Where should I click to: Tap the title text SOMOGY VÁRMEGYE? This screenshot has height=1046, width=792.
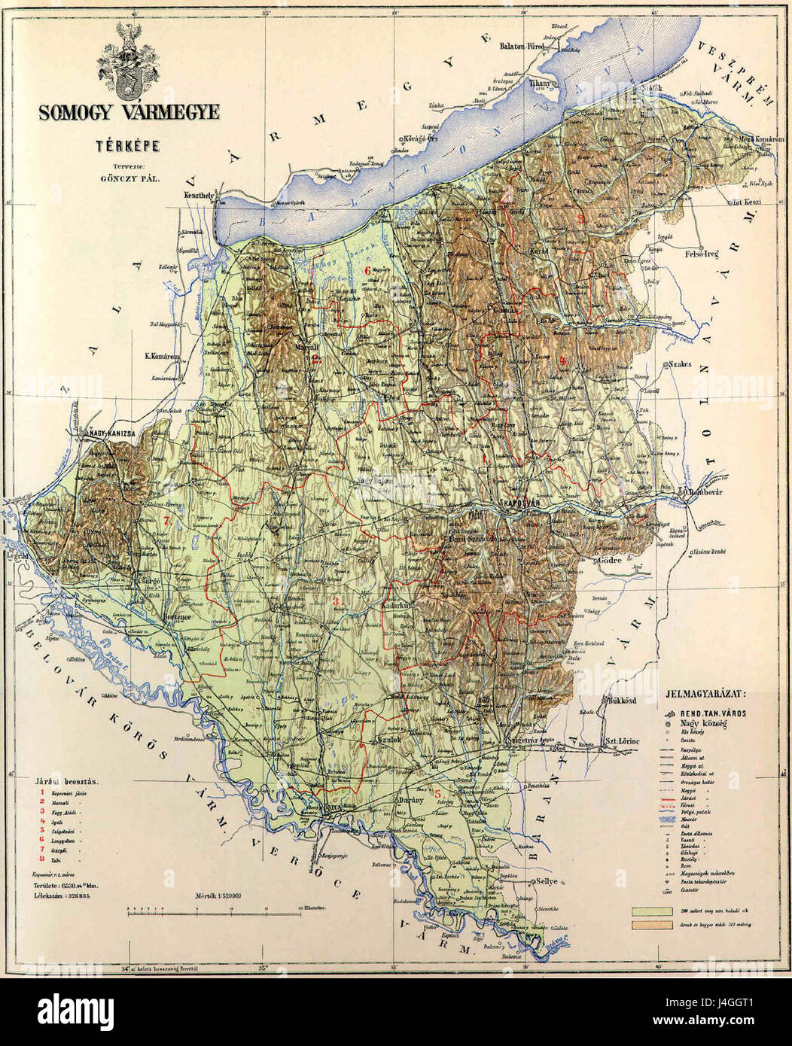click(129, 113)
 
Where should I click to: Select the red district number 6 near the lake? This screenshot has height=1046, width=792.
click(367, 270)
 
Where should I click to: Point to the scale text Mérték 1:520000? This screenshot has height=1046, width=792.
click(218, 895)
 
